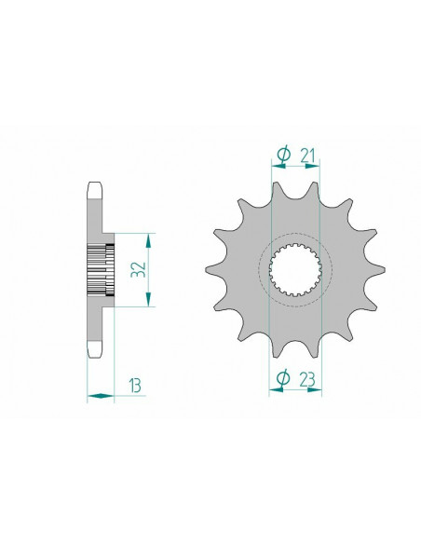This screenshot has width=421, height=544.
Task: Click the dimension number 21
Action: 307,156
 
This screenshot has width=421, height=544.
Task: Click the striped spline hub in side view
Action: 101,270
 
